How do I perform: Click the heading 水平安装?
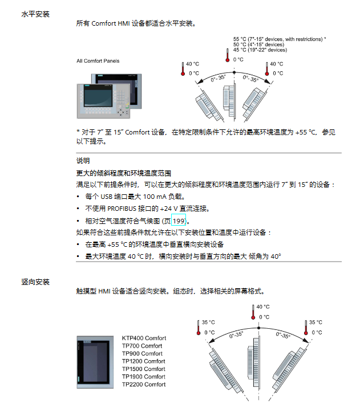coord(35,13)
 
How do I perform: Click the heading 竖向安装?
coord(35,282)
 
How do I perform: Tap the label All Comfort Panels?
coord(98,61)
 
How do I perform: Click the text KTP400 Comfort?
coord(144,338)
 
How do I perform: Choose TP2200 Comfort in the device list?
coord(144,384)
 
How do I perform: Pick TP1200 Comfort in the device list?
coord(144,361)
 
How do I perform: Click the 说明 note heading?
coord(83,161)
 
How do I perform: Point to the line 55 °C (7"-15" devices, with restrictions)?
coord(279,39)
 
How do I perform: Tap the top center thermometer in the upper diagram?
coord(226,55)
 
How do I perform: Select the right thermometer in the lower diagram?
coord(305,328)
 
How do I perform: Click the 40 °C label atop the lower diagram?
coord(263,307)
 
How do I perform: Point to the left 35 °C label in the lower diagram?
coord(209,322)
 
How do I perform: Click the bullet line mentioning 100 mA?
coord(138,196)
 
